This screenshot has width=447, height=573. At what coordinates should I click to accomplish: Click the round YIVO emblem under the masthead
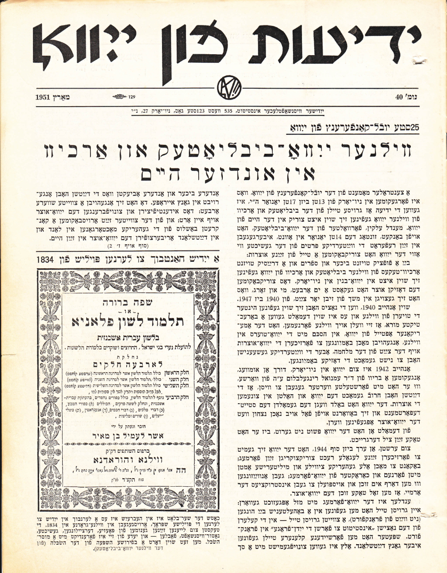point(224,87)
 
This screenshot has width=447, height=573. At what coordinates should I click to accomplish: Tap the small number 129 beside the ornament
point(132,97)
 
